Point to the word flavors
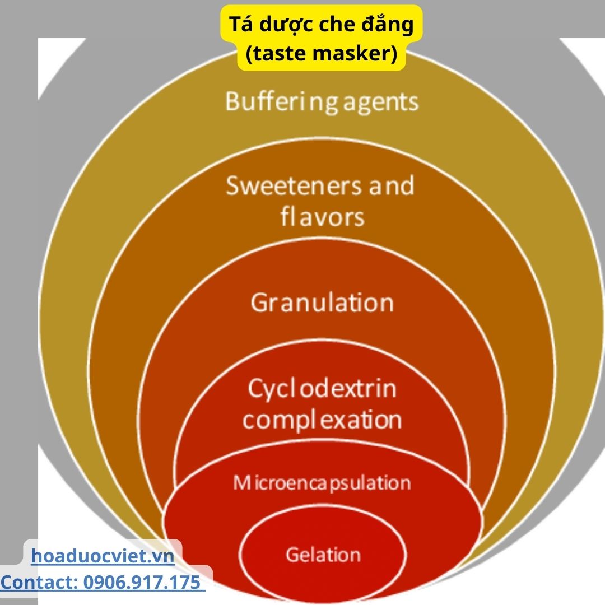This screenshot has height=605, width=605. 322,216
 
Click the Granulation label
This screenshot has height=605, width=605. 322,303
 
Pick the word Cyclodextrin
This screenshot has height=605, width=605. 322,388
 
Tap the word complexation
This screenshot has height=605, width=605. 322,420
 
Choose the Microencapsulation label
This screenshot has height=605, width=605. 322,482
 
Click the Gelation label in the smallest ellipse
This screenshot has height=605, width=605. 323,555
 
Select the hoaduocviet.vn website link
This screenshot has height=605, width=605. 103,556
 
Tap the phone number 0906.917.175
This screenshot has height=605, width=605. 142,583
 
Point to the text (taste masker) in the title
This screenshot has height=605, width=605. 322,54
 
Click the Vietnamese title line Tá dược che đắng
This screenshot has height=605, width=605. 322,26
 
